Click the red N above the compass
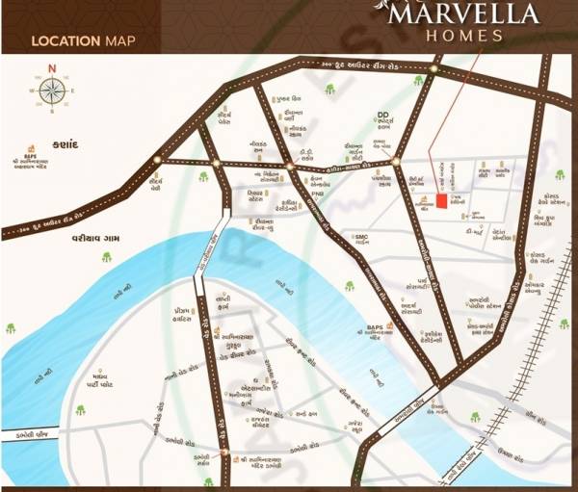coord(54,67)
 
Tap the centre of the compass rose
coord(54,91)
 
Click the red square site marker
coord(442,201)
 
